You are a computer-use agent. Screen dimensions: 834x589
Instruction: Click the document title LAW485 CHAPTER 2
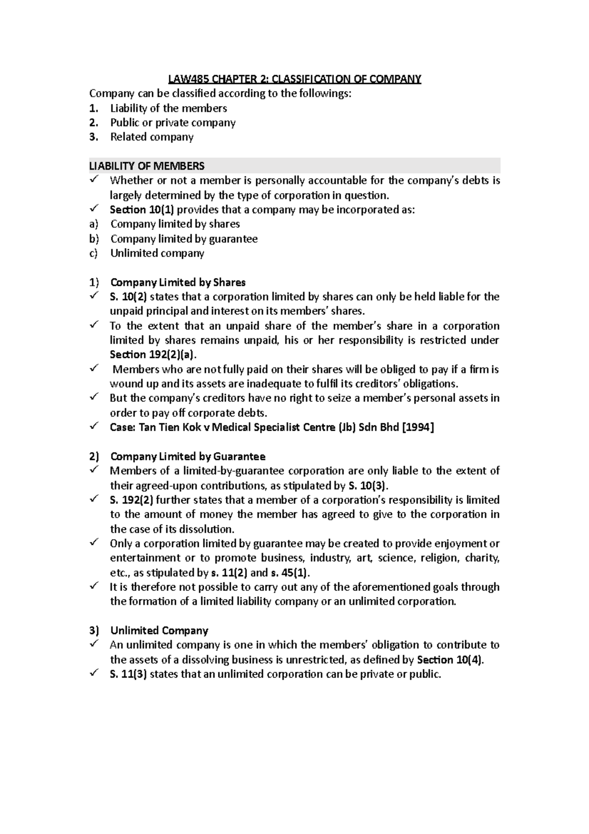click(x=294, y=79)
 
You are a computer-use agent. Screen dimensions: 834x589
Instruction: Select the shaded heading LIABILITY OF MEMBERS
click(x=147, y=166)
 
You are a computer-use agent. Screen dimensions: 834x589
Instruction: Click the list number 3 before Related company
click(x=94, y=137)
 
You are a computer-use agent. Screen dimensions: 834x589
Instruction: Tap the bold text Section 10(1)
click(x=142, y=210)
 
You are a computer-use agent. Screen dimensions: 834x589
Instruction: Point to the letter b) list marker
click(x=94, y=239)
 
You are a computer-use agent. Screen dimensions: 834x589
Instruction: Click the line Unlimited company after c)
click(x=157, y=253)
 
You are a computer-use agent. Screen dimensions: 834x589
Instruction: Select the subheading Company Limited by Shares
click(x=178, y=282)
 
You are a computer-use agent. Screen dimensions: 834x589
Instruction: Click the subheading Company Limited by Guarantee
click(x=187, y=457)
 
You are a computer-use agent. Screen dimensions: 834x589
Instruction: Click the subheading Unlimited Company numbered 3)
click(x=159, y=631)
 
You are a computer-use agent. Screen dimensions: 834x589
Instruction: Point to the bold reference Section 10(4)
click(x=449, y=660)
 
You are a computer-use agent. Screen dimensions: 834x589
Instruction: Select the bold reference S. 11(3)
click(x=128, y=674)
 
